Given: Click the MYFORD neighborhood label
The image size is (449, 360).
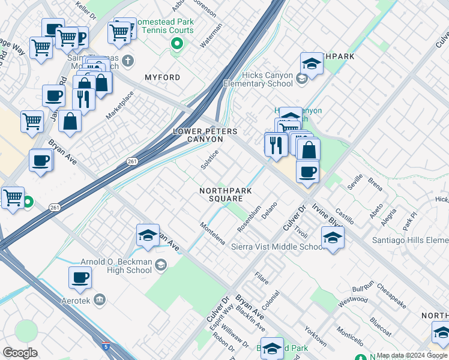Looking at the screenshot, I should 162,78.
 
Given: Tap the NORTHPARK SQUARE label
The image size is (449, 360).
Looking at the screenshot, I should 226,194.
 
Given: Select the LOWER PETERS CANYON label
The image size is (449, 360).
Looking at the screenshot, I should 205,135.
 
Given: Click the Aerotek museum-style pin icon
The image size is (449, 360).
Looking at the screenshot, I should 100,299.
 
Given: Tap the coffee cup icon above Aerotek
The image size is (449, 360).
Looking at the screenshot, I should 80,277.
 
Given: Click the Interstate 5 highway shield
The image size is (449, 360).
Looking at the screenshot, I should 106,346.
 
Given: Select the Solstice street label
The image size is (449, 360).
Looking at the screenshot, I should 209,160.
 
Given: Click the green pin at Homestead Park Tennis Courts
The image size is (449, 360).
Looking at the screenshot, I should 177,43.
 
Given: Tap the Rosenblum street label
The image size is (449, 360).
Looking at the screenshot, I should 249,220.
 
